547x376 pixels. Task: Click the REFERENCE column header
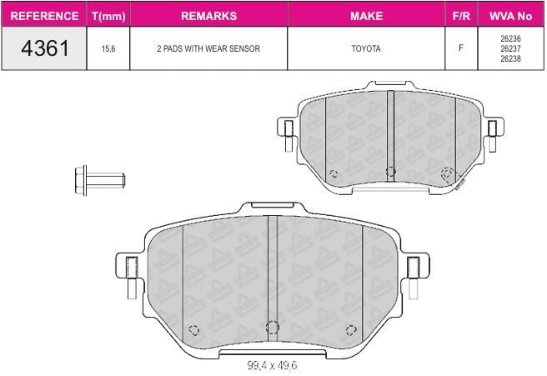[x=44, y=16]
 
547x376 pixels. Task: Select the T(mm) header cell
[x=108, y=16]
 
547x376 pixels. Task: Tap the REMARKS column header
[x=208, y=16]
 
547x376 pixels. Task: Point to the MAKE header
[x=366, y=16]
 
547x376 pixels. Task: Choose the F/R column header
[x=461, y=16]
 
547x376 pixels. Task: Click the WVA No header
[x=510, y=16]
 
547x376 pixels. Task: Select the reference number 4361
[x=45, y=48]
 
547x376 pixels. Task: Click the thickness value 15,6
[x=108, y=48]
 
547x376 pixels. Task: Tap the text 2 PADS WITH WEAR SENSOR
[x=208, y=48]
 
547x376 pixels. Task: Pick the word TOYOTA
[x=366, y=48]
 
